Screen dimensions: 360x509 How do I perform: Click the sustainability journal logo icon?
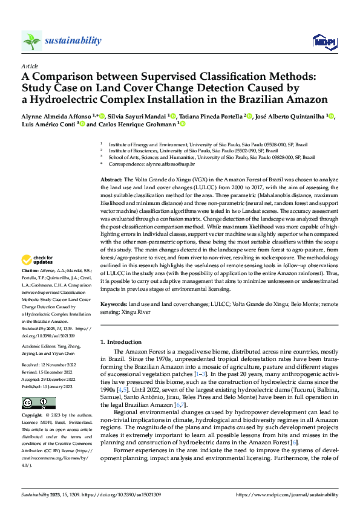(32, 41)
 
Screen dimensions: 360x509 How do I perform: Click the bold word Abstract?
(111, 181)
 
